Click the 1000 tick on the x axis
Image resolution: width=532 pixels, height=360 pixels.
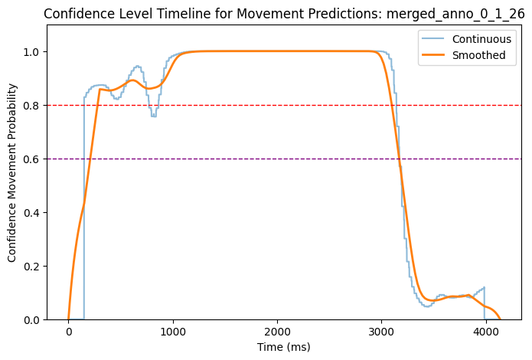173,332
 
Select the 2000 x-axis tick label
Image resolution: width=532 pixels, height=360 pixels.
277,332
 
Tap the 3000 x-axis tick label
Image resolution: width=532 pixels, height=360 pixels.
381,332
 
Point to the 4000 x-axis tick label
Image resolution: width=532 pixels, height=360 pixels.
485,332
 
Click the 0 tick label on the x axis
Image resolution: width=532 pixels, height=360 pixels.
69,332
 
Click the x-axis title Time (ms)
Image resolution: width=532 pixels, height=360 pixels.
277,347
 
